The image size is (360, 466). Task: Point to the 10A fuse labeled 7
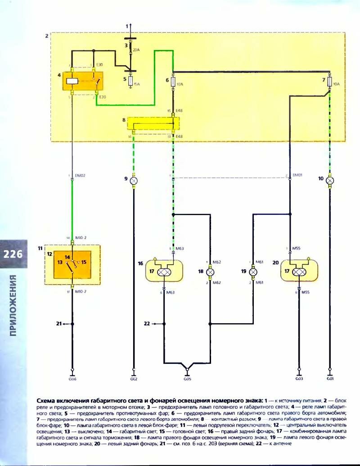pyautogui.click(x=330, y=82)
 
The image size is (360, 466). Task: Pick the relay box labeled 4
pyautogui.click(x=83, y=81)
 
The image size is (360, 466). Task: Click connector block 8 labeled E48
pyautogui.click(x=153, y=122)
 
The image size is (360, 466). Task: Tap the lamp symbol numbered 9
pyautogui.click(x=133, y=180)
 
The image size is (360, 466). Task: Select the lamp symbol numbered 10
pyautogui.click(x=330, y=180)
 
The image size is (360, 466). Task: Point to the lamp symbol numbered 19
pyautogui.click(x=253, y=272)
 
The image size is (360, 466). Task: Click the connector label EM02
pyautogui.click(x=81, y=175)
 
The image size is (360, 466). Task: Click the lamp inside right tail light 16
pyautogui.click(x=165, y=272)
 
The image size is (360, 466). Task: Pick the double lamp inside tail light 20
pyautogui.click(x=298, y=272)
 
